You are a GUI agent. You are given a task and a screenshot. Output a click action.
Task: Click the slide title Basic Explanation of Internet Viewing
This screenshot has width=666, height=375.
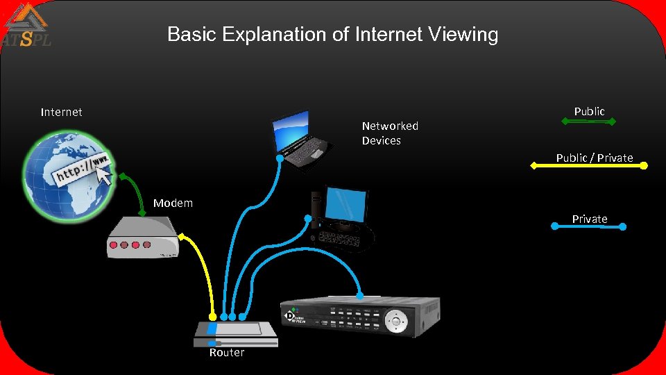tap(332, 34)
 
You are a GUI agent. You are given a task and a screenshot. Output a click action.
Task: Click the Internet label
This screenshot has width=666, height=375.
tap(61, 112)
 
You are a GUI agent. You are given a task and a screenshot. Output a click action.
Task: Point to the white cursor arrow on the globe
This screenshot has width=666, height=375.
tap(104, 177)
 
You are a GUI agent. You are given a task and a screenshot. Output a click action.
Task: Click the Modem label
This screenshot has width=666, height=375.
tap(173, 203)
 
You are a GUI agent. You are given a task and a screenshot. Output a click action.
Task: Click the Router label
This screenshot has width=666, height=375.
tap(227, 353)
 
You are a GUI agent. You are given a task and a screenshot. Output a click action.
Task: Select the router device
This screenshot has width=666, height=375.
tap(236, 333)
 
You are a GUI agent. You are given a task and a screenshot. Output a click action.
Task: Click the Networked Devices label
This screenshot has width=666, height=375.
tap(390, 133)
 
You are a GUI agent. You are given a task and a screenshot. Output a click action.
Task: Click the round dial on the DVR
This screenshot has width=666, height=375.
tap(396, 321)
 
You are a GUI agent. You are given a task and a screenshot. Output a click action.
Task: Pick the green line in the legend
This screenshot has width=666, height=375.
tap(588, 122)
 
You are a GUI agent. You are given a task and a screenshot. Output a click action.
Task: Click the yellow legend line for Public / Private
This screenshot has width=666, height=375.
tap(588, 167)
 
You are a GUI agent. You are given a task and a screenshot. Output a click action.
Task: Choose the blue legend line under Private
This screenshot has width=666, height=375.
tap(588, 226)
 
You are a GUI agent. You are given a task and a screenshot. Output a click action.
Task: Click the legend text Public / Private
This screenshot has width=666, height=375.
tap(595, 158)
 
